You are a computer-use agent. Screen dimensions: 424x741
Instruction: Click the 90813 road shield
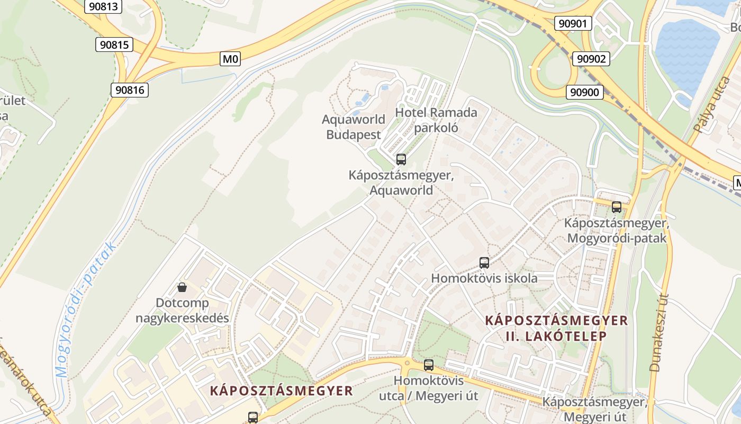[103, 6]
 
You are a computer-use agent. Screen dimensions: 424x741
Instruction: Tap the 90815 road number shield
[114, 45]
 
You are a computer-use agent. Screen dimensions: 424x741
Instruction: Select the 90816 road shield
[129, 90]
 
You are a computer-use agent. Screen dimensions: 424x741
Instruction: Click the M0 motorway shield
[230, 59]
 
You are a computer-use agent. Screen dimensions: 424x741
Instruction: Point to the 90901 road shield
[573, 23]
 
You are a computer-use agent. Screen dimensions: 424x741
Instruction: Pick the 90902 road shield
[591, 59]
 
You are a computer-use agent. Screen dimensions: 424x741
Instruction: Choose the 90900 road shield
[585, 92]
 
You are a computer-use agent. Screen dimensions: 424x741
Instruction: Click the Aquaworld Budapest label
[353, 127]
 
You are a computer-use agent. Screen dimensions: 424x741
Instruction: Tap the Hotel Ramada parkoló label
[436, 120]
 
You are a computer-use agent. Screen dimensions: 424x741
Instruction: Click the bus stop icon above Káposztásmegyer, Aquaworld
[401, 159]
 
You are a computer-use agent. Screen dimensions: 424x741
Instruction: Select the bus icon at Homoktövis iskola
[484, 262]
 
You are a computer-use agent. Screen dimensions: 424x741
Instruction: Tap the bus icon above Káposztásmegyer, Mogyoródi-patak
[616, 207]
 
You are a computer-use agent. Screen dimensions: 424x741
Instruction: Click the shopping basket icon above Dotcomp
[182, 287]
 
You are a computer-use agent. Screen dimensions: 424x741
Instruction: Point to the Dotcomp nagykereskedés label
[182, 311]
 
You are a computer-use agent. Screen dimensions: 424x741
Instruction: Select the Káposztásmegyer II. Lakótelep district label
[556, 328]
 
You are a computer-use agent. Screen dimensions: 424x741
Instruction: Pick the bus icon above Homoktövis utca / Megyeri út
[428, 365]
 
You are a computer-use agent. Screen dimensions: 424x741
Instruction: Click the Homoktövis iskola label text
[484, 278]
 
